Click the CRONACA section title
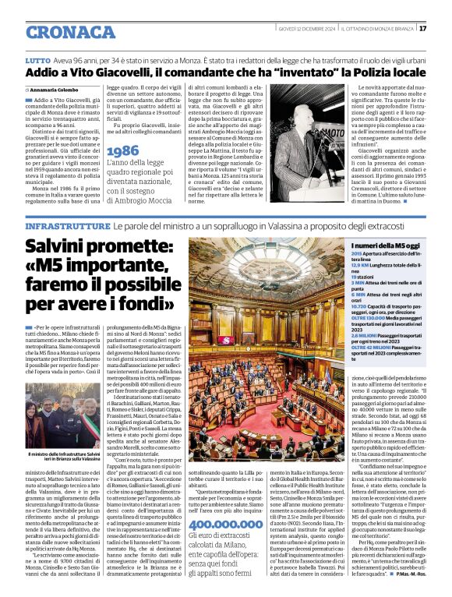70,32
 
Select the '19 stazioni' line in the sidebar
364,277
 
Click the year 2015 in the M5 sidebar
356,255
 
